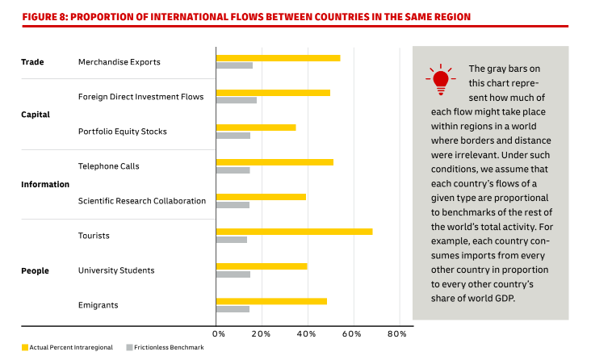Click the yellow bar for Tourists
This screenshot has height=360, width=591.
coord(294,232)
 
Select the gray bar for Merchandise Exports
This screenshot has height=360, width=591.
coord(234,65)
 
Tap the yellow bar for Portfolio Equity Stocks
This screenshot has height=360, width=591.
coord(255,128)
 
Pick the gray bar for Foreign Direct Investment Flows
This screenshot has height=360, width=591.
coord(236,100)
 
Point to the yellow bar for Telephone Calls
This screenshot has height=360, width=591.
coord(275,162)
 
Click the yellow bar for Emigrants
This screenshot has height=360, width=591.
coord(271,301)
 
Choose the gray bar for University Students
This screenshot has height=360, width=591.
coord(233,274)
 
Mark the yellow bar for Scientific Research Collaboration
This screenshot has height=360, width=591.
coord(261,197)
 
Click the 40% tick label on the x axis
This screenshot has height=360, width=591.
coord(307,333)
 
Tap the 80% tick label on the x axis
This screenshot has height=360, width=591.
coord(397,333)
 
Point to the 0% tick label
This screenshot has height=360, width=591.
coord(219,333)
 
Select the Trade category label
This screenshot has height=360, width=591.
coord(32,62)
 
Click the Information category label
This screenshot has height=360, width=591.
coord(45,184)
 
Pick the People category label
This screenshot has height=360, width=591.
coord(35,271)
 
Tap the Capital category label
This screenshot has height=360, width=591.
coord(36,115)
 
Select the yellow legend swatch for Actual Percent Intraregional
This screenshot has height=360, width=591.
coord(25,347)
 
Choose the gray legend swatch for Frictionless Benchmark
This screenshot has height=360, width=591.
coord(129,347)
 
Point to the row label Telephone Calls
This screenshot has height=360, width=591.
coord(108,166)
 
